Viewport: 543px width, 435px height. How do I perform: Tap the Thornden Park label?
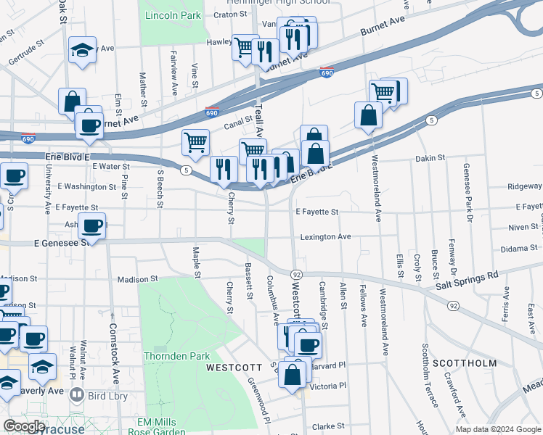pyautogui.click(x=176, y=356)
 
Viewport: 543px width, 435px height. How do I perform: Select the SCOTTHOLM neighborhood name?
pyautogui.click(x=465, y=362)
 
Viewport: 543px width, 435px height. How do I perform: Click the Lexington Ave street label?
pyautogui.click(x=326, y=237)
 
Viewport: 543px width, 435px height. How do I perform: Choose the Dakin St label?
pyautogui.click(x=430, y=158)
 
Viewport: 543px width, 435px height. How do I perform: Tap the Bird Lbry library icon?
pyautogui.click(x=77, y=395)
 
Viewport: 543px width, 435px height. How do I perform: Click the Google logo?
pyautogui.click(x=24, y=426)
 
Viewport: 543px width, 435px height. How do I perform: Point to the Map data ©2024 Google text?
pyautogui.click(x=498, y=429)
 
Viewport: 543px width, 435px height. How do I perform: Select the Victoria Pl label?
pyautogui.click(x=327, y=386)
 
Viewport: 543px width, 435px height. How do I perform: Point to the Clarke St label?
pyautogui.click(x=327, y=426)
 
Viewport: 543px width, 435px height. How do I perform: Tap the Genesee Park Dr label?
pyautogui.click(x=468, y=193)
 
